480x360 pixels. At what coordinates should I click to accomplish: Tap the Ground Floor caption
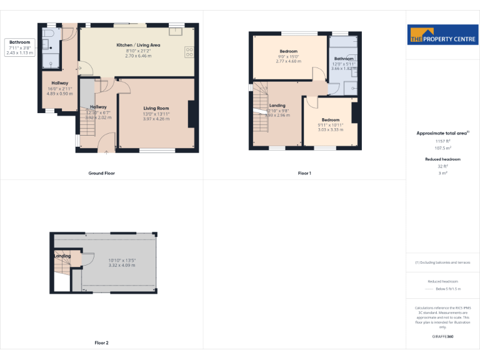[101, 173]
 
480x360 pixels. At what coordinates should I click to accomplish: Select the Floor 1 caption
[304, 173]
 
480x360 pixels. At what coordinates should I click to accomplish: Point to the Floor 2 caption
[101, 342]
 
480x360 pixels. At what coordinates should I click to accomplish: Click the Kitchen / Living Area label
[138, 45]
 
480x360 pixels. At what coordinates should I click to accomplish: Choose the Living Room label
[156, 108]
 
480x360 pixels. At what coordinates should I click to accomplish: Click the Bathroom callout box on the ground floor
[19, 47]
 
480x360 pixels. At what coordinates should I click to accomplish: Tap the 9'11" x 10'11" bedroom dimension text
[330, 125]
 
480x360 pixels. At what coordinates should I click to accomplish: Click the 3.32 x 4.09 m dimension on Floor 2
[121, 265]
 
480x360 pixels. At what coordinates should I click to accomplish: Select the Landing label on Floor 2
[62, 256]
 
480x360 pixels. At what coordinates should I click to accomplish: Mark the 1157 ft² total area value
[442, 142]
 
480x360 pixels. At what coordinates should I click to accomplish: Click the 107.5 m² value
[442, 148]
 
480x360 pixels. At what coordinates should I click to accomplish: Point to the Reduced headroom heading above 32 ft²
[442, 159]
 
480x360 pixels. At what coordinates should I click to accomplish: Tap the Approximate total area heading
[442, 133]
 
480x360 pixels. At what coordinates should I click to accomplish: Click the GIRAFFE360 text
[442, 337]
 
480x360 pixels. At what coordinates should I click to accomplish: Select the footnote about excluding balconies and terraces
[442, 262]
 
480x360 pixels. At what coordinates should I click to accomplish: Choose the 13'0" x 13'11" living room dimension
[156, 114]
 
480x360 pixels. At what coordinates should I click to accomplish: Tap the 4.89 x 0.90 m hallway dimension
[60, 94]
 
